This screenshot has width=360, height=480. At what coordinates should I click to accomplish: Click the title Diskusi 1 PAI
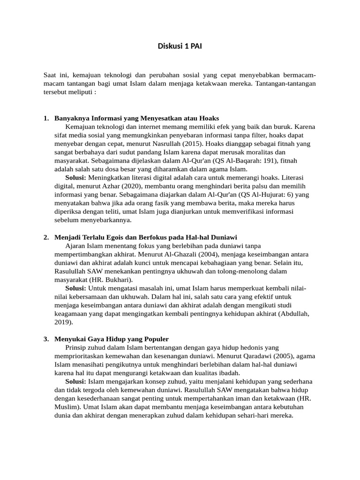(x=180, y=46)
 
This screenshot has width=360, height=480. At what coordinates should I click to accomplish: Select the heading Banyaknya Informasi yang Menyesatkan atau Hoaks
(x=136, y=118)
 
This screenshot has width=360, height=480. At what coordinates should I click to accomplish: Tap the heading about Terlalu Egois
(x=149, y=237)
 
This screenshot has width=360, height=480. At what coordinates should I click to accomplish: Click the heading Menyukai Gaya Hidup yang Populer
(x=112, y=339)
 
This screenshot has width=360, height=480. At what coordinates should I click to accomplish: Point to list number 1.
(x=46, y=118)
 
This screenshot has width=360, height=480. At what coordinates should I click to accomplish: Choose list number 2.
(x=46, y=237)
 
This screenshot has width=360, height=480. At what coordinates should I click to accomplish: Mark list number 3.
(x=46, y=339)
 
